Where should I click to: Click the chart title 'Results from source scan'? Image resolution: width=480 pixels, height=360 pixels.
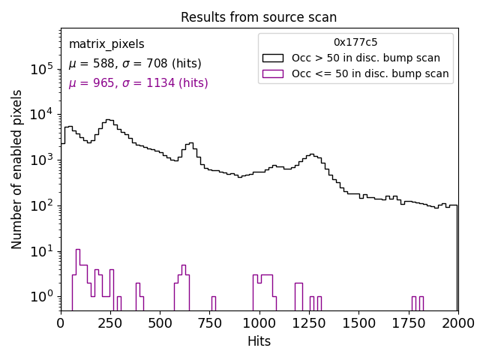(x=259, y=17)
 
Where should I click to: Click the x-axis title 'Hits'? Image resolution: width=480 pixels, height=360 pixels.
(x=259, y=341)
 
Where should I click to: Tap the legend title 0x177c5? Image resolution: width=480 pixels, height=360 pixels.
(x=355, y=42)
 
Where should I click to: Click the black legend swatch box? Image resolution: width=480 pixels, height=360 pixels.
(x=273, y=58)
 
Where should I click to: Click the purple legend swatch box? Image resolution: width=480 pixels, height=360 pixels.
(x=273, y=73)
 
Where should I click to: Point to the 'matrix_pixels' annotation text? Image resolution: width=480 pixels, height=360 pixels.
(x=106, y=44)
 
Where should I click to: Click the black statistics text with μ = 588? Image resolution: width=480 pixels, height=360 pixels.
(x=135, y=64)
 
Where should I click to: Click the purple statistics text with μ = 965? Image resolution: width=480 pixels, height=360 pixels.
(x=138, y=83)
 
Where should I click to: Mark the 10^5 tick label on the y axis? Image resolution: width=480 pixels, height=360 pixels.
(x=40, y=69)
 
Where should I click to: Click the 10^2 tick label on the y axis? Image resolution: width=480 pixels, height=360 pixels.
(x=40, y=205)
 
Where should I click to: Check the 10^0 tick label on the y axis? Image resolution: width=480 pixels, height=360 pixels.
(x=40, y=297)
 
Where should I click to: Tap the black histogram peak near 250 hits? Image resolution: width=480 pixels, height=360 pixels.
(x=109, y=120)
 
